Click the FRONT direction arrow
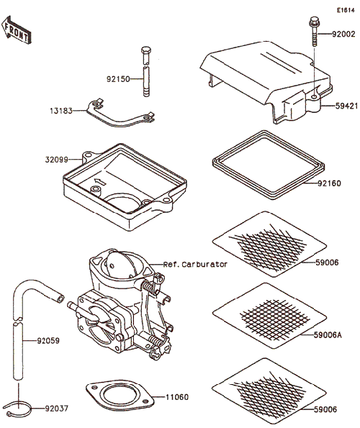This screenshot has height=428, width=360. [x=17, y=30]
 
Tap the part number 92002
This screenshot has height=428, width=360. [x=343, y=34]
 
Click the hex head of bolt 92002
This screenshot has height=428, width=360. [x=315, y=22]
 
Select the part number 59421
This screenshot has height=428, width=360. [x=346, y=106]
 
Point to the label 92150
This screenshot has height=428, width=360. [x=118, y=79]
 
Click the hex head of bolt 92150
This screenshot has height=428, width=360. [x=146, y=50]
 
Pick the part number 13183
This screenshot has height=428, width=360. [x=61, y=111]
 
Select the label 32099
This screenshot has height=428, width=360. [x=57, y=160]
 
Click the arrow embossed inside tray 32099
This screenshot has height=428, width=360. [x=99, y=182]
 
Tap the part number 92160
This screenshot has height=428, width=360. [x=330, y=183]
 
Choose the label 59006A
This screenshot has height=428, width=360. [x=328, y=335]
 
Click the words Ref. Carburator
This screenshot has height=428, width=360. [x=195, y=265]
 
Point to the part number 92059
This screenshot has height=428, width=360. [x=48, y=341]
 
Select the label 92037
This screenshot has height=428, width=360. [x=57, y=409]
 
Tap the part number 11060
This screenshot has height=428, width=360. [x=177, y=397]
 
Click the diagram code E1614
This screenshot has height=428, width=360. [x=346, y=10]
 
